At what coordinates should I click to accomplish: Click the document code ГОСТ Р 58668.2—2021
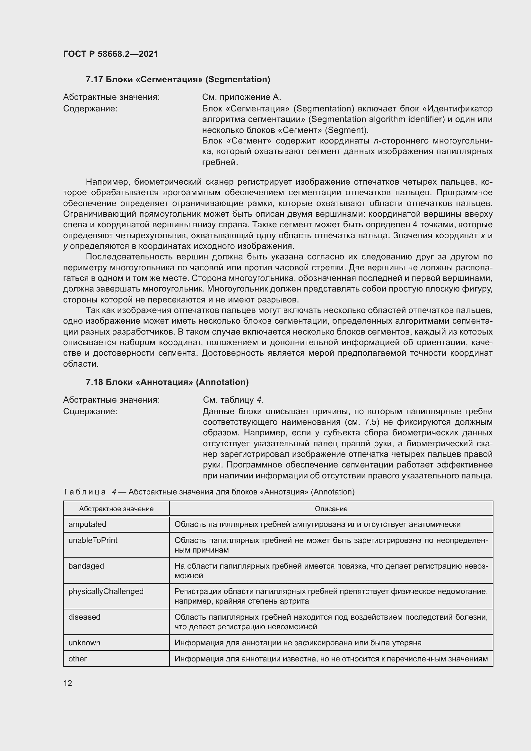(x=110, y=54)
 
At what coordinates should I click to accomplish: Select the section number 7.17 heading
(x=94, y=80)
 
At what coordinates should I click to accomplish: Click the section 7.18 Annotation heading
(x=167, y=382)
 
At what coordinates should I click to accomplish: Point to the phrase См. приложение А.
(x=241, y=97)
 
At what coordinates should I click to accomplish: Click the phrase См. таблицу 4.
(x=233, y=400)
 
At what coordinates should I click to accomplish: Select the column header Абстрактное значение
(x=116, y=509)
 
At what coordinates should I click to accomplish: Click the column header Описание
(x=331, y=509)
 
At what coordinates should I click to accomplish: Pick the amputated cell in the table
(x=87, y=524)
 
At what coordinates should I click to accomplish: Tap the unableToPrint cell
(x=93, y=540)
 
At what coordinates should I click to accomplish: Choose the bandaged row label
(x=86, y=566)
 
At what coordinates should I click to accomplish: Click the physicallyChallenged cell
(x=106, y=591)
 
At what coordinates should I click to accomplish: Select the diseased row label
(x=84, y=617)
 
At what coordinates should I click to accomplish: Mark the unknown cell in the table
(x=84, y=643)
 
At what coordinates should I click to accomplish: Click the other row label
(x=77, y=659)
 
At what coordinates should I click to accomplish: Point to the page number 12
(x=68, y=683)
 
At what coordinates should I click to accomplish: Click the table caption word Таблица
(x=84, y=492)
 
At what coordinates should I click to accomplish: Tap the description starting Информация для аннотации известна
(x=331, y=659)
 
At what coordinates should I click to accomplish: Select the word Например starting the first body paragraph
(x=108, y=182)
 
